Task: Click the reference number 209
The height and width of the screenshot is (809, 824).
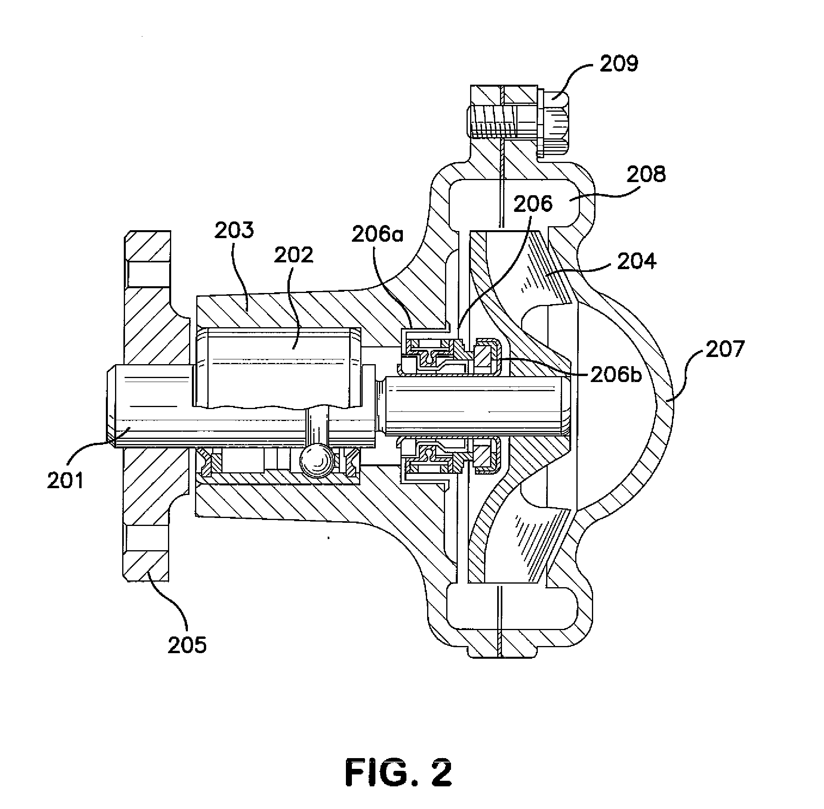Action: coord(619,64)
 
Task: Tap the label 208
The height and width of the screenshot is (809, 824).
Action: coord(646,174)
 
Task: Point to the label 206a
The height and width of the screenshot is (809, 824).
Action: coord(377,234)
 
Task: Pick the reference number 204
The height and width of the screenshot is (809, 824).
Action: coord(637,261)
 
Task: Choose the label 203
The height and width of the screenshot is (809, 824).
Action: coord(234,230)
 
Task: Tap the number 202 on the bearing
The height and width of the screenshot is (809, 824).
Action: coord(293,255)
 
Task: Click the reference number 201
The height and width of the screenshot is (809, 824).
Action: coord(65,481)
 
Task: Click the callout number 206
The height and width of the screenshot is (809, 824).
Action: coord(533,204)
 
